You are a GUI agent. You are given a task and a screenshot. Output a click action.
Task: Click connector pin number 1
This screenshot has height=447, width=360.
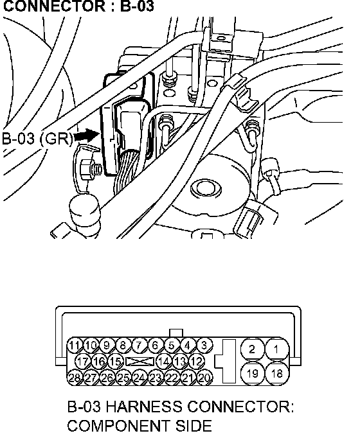pos(276,349)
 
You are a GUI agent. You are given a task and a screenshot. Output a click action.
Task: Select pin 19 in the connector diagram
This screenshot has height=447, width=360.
pos(252,373)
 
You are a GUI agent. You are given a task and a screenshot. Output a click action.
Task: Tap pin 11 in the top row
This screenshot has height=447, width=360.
pos(75,346)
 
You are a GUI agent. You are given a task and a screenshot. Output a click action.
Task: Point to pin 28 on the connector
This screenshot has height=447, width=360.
pos(75,378)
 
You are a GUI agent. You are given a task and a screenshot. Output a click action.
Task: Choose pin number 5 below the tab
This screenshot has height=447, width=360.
pos(171,346)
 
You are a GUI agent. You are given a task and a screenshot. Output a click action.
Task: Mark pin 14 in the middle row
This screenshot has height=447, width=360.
pos(163,362)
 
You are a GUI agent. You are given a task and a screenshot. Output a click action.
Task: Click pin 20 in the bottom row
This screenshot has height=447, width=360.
pos(205,378)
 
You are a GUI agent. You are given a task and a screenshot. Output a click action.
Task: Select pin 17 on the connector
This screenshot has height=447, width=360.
pos(83,362)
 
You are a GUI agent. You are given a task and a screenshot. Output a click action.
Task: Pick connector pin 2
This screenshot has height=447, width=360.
pos(252,349)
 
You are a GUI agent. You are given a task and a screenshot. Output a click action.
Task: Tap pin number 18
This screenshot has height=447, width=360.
pos(276,373)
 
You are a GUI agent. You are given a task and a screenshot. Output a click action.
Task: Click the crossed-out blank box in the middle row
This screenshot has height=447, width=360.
pos(139,362)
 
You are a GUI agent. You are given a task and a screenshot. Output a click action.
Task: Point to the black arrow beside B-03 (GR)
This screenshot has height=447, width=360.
pos(86,136)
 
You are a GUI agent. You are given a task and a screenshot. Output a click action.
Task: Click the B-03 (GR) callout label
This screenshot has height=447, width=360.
pos(37,139)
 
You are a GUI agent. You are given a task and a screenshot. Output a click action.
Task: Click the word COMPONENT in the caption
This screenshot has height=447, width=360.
pos(118,426)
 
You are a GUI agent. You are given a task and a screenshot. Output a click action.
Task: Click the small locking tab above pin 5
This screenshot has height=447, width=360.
pos(176,333)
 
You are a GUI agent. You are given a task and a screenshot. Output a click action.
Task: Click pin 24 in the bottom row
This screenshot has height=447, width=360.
pos(139,378)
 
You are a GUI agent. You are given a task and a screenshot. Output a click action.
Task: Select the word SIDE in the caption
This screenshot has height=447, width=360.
pos(193,426)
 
